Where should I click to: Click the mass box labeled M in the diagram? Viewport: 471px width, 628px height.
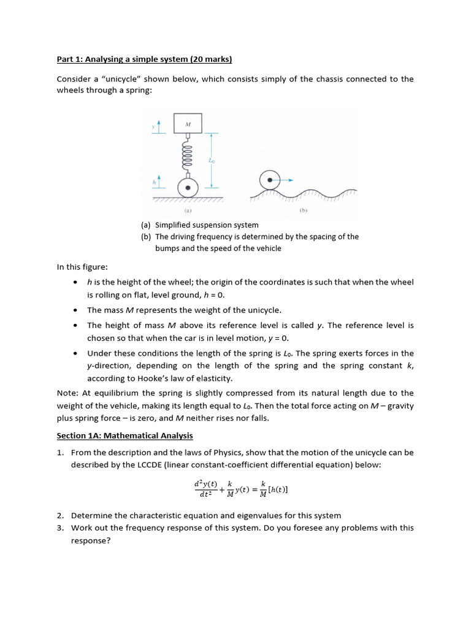188,124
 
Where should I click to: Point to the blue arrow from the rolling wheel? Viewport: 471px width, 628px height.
288,180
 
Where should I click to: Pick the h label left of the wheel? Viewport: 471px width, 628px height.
153,182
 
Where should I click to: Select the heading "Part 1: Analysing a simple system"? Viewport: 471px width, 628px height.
144,59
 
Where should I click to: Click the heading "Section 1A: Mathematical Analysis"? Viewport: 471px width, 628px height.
124,435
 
